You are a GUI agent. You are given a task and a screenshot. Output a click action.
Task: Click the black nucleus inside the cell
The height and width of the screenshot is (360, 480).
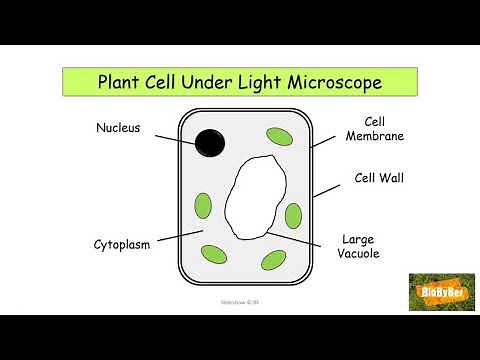click(x=209, y=143)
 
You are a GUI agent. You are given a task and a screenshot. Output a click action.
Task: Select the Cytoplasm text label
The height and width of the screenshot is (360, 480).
click(x=122, y=244)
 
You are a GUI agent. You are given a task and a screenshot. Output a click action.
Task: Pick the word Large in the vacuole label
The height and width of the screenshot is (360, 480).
click(x=358, y=240)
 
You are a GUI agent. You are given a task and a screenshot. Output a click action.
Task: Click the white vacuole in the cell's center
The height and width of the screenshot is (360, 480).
click(x=254, y=194)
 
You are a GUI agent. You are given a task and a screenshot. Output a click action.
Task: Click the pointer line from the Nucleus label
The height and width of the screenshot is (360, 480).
click(x=179, y=139)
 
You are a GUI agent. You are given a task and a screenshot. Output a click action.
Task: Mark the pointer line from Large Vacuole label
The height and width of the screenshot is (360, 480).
click(x=295, y=239)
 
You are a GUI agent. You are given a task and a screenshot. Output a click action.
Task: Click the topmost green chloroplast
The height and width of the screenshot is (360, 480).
click(x=278, y=135)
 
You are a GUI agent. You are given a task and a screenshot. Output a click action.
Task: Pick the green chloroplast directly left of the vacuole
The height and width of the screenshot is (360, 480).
click(x=204, y=205)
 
